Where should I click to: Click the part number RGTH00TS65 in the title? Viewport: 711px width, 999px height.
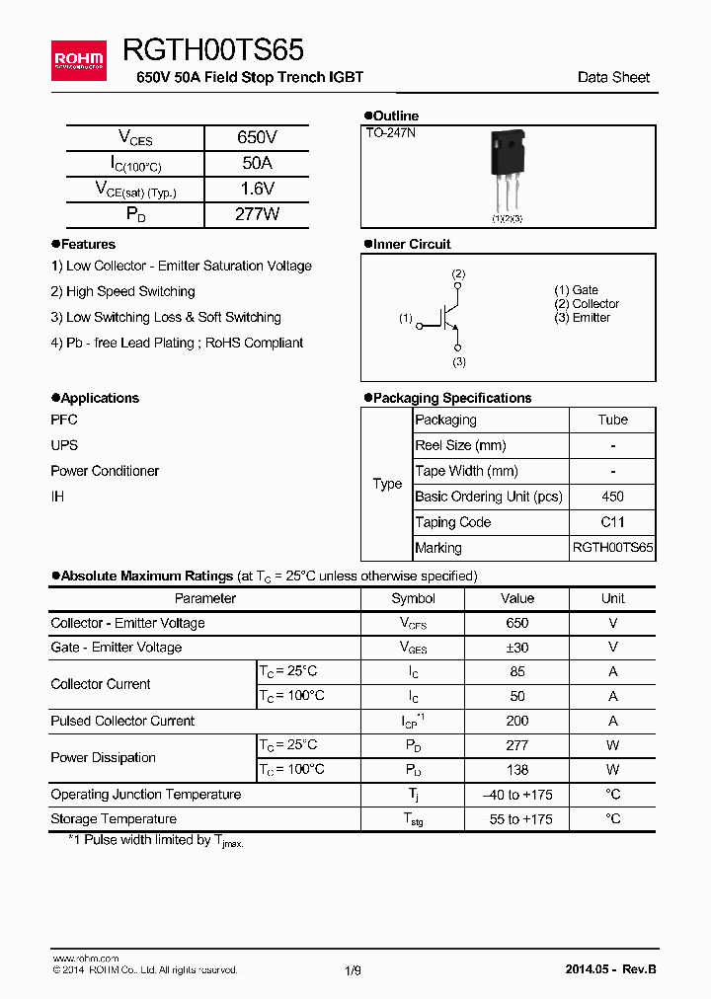(213, 50)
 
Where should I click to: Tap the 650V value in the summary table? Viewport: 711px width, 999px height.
(257, 138)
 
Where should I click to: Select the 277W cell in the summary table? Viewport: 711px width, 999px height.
(257, 214)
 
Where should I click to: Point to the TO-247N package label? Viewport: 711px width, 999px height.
(390, 132)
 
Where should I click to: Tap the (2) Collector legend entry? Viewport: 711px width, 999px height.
(587, 304)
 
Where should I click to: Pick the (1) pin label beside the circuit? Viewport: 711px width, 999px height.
(405, 319)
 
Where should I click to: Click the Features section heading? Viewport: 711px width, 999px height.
(88, 244)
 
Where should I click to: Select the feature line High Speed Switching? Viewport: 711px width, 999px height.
(122, 291)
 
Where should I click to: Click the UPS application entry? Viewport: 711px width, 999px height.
(64, 445)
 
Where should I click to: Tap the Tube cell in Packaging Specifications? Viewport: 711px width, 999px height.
(612, 420)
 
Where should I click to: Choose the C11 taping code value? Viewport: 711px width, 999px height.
(612, 522)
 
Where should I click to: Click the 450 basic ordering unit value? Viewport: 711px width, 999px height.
(612, 497)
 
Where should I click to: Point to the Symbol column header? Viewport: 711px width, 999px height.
(413, 598)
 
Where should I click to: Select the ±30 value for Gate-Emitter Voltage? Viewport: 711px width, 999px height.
(516, 648)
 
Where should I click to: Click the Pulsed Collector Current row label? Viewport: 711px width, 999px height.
(122, 721)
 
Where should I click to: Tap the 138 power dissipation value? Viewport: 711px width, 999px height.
(516, 770)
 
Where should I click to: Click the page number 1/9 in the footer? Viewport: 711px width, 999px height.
(354, 970)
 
